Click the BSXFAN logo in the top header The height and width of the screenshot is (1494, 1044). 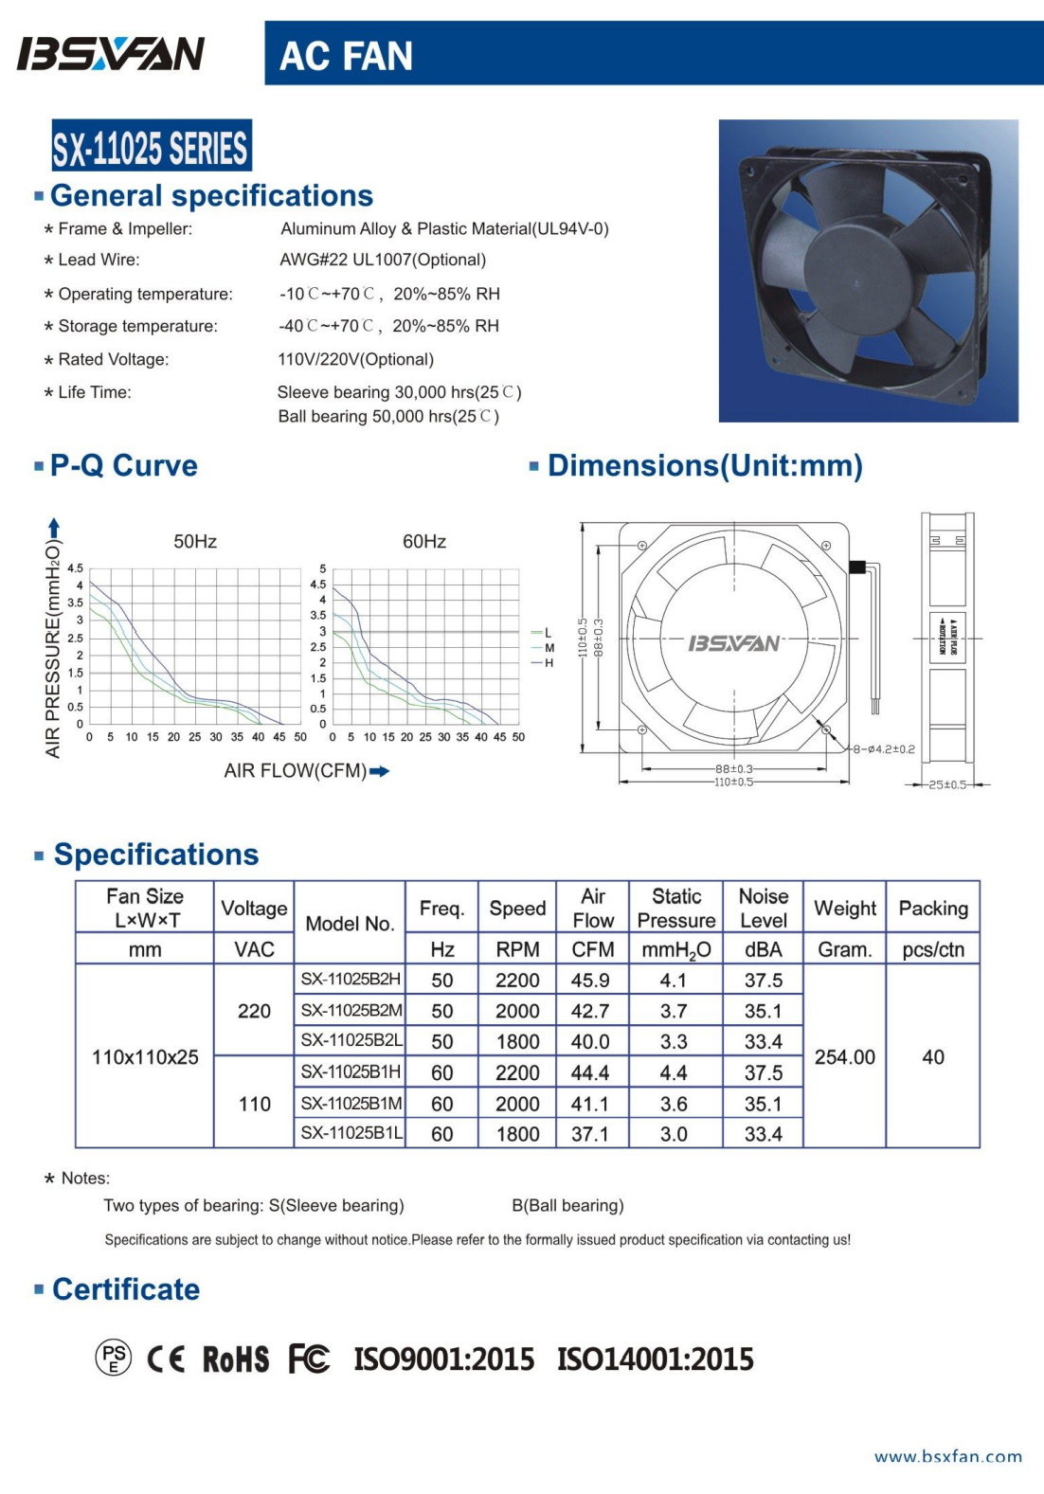[111, 54]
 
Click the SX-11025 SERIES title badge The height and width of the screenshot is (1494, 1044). [152, 147]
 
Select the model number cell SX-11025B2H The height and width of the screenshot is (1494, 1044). [351, 980]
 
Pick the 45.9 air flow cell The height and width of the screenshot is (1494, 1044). [590, 981]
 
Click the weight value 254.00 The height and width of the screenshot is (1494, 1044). [844, 1057]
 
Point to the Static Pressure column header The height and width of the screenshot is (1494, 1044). [676, 908]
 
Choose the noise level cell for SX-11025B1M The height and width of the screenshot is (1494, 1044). [763, 1104]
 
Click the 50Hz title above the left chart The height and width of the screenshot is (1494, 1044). [195, 542]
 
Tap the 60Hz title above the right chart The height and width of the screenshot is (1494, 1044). [424, 542]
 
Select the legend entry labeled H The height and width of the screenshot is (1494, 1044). [549, 663]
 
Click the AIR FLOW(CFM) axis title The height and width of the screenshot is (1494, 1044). [296, 771]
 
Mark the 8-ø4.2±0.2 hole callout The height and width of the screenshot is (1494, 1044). [883, 749]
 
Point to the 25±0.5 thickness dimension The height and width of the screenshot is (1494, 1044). [947, 784]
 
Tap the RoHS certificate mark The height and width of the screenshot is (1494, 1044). [236, 1359]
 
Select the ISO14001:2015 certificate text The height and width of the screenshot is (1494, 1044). [656, 1359]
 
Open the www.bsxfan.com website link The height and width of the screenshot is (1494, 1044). [948, 1457]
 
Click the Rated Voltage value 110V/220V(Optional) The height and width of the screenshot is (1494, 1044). [356, 360]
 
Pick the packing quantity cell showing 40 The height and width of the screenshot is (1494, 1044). [932, 1057]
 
